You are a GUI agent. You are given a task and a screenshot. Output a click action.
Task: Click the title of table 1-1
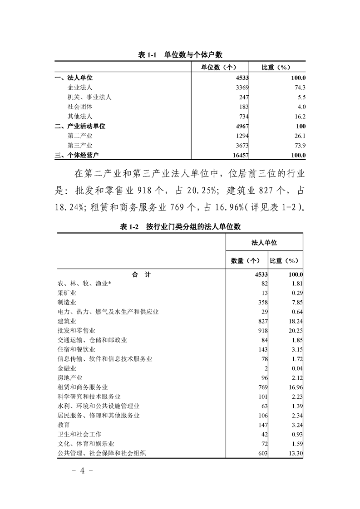click(180, 54)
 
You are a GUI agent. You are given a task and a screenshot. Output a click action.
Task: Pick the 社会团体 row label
click(80, 107)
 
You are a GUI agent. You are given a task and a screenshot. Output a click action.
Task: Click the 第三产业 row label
click(80, 145)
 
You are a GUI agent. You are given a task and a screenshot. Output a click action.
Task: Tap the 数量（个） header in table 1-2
click(246, 260)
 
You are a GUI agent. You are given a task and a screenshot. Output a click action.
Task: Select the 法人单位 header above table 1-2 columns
click(264, 243)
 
